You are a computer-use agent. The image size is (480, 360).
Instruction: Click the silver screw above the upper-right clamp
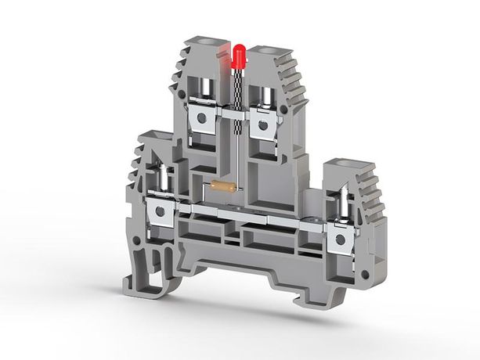coord(263,94)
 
